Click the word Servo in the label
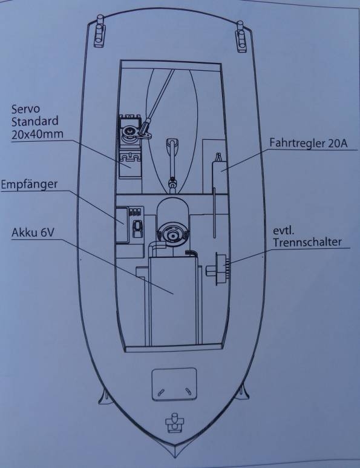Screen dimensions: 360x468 point(25,109)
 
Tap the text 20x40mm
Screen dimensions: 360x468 point(38,134)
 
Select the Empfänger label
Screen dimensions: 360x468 point(29,184)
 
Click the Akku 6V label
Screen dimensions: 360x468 point(33,232)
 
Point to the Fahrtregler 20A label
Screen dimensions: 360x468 point(309,143)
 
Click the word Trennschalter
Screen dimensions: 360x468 point(307,242)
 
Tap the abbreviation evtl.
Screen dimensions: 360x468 point(283,231)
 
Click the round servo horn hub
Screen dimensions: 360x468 point(130,131)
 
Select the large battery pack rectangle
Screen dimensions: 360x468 point(173,300)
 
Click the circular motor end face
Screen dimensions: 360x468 point(172,236)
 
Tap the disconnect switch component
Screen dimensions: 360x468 point(218,269)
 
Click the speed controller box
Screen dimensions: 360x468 point(220,177)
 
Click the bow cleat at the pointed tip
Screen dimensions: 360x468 point(175,423)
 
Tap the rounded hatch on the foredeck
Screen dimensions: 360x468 point(174,384)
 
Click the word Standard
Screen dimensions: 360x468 point(35,122)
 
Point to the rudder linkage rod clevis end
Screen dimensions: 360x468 point(146,126)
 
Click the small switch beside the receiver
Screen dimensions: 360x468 point(137,229)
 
